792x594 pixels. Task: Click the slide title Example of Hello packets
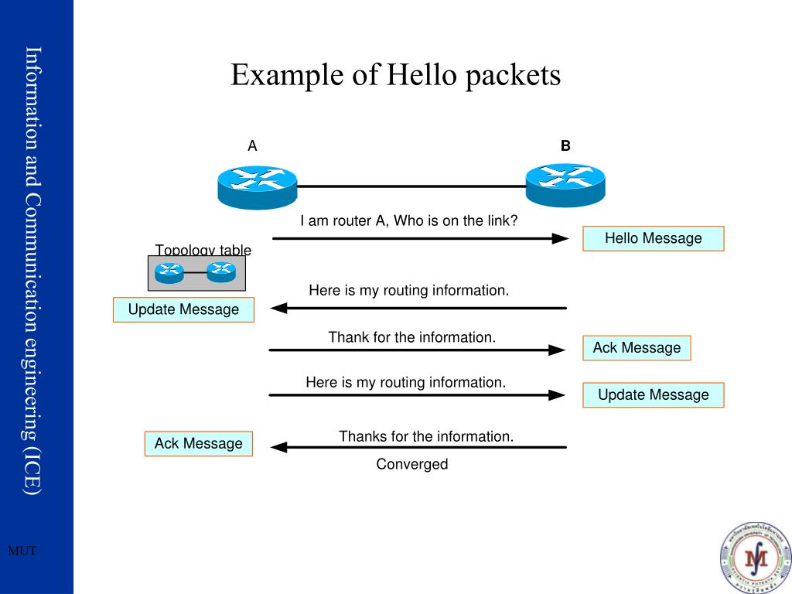tap(395, 75)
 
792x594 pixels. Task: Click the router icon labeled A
tap(257, 186)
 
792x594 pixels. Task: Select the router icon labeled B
tap(565, 185)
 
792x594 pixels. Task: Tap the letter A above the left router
tap(252, 146)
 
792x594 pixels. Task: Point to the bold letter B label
tap(565, 145)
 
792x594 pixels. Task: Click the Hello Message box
tap(653, 238)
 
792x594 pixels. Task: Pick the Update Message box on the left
tap(183, 309)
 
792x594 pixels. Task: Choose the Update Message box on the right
tap(653, 395)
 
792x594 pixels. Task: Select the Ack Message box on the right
tap(637, 348)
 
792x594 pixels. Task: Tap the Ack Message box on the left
tap(198, 443)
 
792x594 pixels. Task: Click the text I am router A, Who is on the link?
tap(408, 220)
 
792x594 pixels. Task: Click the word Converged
tap(411, 464)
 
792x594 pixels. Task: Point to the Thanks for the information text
tap(425, 436)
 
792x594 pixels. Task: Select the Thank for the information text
tap(411, 337)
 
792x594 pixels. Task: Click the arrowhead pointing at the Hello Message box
tap(560, 239)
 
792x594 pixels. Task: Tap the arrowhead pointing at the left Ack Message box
tap(278, 447)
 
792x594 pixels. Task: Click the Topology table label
tap(203, 250)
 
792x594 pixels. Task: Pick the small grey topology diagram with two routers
tap(196, 273)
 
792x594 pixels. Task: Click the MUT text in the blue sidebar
tap(22, 551)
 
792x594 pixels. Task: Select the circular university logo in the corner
tap(755, 558)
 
